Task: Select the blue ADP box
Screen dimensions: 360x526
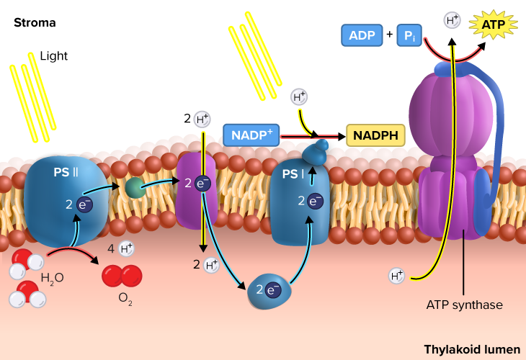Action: [362, 35]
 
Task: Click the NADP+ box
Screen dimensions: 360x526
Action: [251, 135]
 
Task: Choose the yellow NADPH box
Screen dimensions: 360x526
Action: [375, 135]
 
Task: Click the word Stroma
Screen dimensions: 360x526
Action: [35, 23]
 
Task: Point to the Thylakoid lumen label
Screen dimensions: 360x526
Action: [471, 349]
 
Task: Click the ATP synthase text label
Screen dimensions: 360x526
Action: [463, 305]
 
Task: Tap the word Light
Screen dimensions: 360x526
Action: [53, 55]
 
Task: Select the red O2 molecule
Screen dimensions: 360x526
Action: [121, 276]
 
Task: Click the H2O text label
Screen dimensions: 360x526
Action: [52, 278]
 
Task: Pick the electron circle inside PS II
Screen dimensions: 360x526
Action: [84, 204]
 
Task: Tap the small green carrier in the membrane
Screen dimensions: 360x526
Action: [134, 188]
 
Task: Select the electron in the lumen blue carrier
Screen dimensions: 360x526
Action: [273, 290]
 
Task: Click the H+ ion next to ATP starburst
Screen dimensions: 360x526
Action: [453, 20]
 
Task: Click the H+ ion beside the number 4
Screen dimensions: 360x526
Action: [126, 249]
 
